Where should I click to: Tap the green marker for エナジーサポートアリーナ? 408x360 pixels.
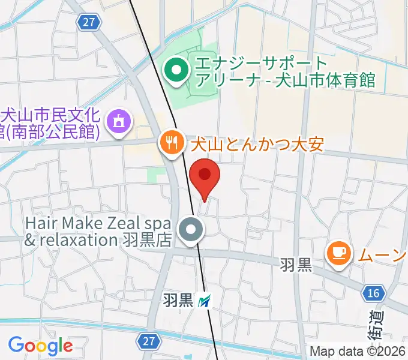pos(176,71)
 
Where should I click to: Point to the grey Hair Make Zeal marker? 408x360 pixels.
pos(192,229)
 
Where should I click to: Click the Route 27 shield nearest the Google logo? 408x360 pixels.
pos(149,341)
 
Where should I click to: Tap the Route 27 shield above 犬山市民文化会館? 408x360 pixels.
pos(88,22)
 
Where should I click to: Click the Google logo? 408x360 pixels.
pos(40,346)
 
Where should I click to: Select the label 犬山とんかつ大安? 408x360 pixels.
pos(257,144)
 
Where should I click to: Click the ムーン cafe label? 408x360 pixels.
pos(382,255)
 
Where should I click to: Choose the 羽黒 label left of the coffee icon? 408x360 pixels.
pos(296,265)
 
